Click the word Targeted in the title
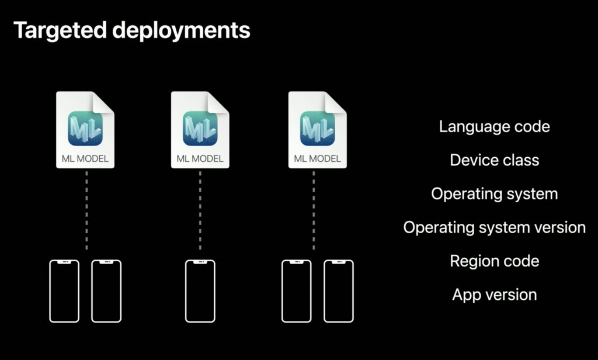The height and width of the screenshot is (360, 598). [60, 30]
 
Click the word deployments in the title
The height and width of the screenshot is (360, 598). [181, 30]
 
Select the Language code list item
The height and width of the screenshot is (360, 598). [494, 126]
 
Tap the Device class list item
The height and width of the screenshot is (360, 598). [494, 160]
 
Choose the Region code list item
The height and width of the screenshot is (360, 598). [494, 261]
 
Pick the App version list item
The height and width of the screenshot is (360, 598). [494, 295]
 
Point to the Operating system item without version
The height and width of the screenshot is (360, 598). [494, 194]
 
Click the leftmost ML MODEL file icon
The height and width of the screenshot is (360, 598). [85, 130]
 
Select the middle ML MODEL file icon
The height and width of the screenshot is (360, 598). [200, 130]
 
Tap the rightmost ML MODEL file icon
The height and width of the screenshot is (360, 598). [317, 130]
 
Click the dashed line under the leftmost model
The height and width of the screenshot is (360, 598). [86, 210]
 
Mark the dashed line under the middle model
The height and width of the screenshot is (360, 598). [200, 210]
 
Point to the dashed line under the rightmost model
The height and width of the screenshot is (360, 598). [314, 210]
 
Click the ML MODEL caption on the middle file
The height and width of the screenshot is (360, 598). [200, 158]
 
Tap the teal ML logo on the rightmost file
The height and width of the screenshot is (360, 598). [317, 128]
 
